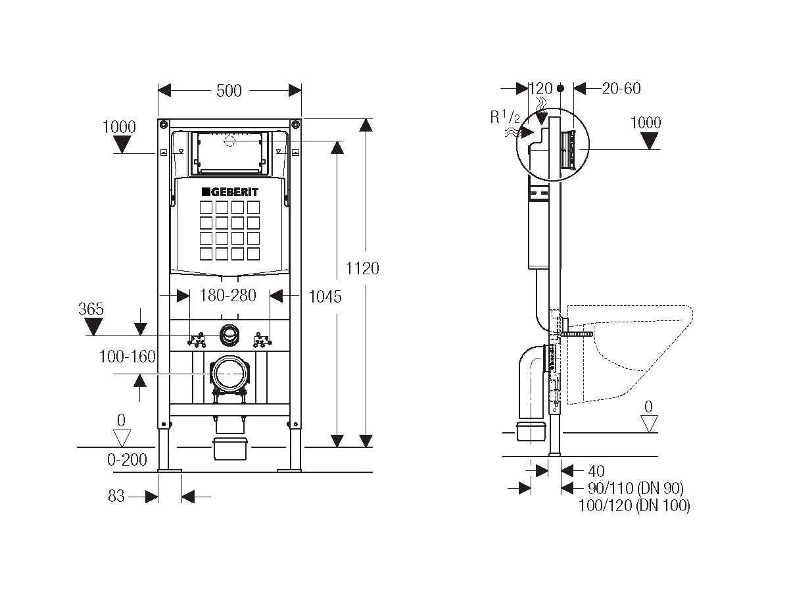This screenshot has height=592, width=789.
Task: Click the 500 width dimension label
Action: [x=229, y=91]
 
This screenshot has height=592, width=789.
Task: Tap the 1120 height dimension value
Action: [x=363, y=268]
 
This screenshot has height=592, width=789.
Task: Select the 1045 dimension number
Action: [x=325, y=297]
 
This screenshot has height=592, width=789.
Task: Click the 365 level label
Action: [x=91, y=309]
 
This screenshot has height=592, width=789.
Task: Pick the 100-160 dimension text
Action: [x=128, y=357]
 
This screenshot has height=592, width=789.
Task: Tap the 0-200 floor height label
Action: [x=128, y=460]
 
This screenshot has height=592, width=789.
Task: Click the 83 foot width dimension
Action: [x=116, y=497]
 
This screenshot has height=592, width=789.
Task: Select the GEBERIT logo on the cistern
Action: [x=229, y=191]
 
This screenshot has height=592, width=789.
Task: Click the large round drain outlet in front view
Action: [x=229, y=373]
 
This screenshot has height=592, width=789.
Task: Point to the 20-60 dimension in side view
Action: [x=621, y=88]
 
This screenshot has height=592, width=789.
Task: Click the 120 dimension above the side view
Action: [x=540, y=88]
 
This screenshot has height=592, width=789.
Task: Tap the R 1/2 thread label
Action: [x=505, y=117]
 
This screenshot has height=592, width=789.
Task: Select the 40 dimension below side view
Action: [x=597, y=471]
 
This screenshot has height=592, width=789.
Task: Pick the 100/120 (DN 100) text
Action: [x=634, y=505]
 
